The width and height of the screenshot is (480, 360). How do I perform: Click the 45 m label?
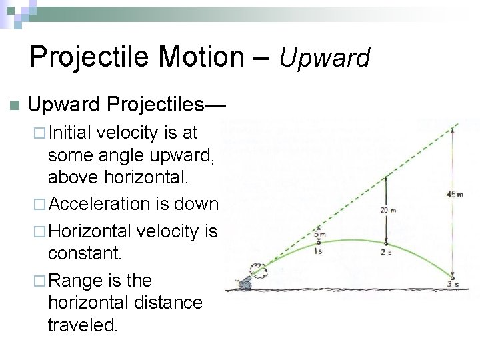coord(455,194)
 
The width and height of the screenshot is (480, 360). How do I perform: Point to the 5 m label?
coord(320,234)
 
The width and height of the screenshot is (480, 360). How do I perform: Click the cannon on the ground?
coord(246,285)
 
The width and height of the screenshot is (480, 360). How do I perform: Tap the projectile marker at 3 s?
coord(453,278)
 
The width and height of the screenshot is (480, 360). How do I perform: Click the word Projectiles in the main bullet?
coord(157,105)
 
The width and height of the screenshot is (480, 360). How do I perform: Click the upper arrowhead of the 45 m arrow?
coord(453,129)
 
